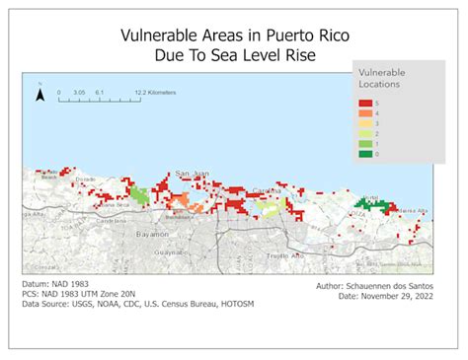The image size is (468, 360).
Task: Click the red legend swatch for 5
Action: [366, 104]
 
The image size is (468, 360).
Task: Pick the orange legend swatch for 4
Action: [366, 113]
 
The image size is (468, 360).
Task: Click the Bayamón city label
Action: [152, 236]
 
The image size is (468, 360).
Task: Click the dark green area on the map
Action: [371, 204]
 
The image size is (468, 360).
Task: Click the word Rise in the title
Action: [295, 56]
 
